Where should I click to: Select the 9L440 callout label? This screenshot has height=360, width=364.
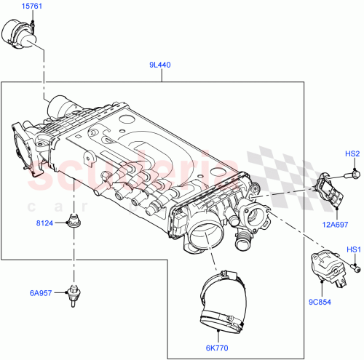[x=160, y=65]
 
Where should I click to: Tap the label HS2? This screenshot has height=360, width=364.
[x=352, y=153]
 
